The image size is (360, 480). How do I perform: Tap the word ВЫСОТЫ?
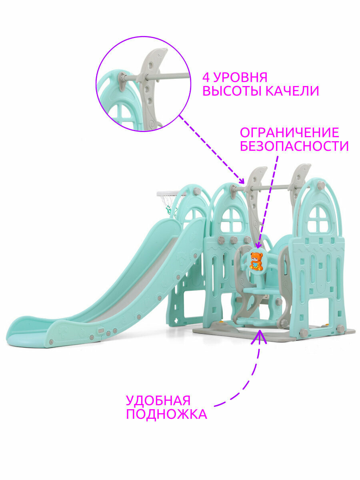point(230,91)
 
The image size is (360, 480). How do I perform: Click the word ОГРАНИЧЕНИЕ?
point(289,132)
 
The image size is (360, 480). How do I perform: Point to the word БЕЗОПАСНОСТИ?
point(294,146)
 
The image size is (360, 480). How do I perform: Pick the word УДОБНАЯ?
point(158,401)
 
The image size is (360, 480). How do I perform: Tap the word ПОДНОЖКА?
point(166,414)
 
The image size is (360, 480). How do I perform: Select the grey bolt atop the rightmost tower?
point(320,185)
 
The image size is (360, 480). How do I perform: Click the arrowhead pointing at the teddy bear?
point(258,245)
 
